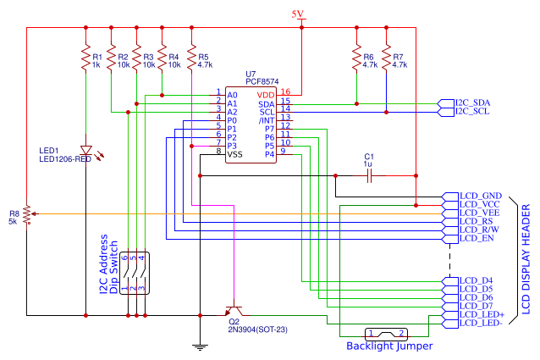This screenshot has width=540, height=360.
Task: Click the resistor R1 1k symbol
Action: (x=85, y=58)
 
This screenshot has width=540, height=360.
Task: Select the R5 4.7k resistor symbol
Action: (x=192, y=58)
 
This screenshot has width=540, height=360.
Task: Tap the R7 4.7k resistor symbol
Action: (x=386, y=58)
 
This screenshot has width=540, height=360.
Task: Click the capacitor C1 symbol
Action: (x=368, y=175)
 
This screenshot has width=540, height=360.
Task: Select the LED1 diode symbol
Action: (x=85, y=149)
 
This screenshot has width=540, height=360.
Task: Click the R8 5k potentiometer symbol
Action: (x=26, y=215)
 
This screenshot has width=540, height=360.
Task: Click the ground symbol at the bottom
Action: (x=200, y=344)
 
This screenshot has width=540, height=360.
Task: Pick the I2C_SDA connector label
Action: (x=472, y=102)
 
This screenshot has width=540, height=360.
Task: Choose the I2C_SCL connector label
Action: (x=472, y=111)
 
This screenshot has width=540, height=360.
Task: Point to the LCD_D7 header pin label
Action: (x=476, y=305)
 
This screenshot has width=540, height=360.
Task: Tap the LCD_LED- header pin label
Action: (x=481, y=323)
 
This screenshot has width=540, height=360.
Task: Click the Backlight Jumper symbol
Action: (x=385, y=333)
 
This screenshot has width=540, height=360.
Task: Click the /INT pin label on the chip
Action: (x=267, y=119)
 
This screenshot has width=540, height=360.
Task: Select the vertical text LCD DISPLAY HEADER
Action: (x=525, y=259)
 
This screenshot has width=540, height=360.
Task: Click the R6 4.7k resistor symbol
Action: (x=356, y=58)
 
